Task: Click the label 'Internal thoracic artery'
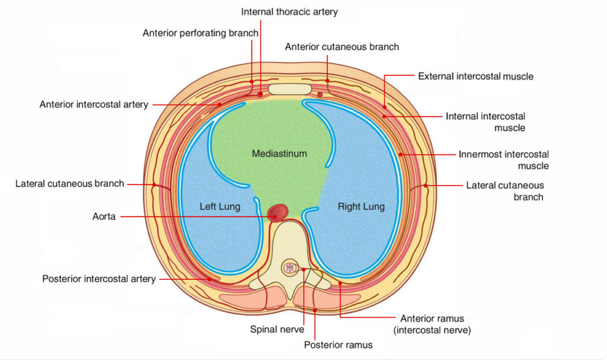(x=290, y=12)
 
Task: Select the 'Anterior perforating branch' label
(x=200, y=33)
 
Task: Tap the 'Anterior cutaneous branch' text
(x=342, y=47)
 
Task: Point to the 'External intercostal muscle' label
(x=475, y=77)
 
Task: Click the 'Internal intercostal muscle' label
(x=485, y=122)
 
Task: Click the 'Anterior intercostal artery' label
(x=94, y=105)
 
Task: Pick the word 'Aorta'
(x=104, y=217)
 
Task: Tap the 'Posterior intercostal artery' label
(x=99, y=279)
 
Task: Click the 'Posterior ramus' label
(x=338, y=345)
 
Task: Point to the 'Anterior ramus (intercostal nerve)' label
(x=435, y=324)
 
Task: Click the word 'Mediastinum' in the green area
(x=279, y=154)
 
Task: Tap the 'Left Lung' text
(x=220, y=207)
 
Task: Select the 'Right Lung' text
(x=361, y=207)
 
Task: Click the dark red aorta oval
(x=278, y=212)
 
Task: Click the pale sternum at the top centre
(x=289, y=90)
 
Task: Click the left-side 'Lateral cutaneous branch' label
(x=70, y=184)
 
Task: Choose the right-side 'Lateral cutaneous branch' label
(x=504, y=191)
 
